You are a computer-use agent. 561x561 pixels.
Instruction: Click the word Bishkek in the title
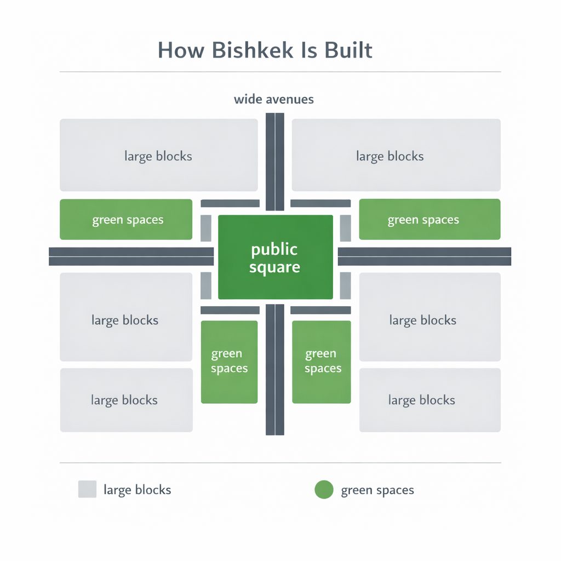coord(248,50)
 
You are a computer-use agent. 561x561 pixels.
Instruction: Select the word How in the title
coord(180,50)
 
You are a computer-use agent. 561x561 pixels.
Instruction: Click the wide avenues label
coord(273,100)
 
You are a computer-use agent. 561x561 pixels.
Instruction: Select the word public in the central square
coord(274,250)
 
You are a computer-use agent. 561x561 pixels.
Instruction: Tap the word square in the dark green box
coord(274,268)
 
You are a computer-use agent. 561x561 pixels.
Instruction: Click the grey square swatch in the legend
coord(87,489)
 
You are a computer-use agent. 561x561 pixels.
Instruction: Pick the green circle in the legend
coord(324,490)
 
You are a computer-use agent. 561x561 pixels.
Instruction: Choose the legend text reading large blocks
coord(137,490)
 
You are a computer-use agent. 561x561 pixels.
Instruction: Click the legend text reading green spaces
coord(377,490)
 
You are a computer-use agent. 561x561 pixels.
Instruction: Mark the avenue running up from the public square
coord(275,162)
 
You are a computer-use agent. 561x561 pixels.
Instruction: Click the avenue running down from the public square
coord(275,370)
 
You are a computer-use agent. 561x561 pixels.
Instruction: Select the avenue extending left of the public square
coord(131,256)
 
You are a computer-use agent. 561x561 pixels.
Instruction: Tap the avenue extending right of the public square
coord(424,256)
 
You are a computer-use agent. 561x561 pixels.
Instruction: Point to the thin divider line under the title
coord(280,72)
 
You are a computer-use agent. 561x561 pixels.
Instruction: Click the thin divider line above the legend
coord(280,463)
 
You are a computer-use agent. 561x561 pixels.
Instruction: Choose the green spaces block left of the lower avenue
coord(229,362)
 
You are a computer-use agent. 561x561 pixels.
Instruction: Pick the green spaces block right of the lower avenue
coord(321,362)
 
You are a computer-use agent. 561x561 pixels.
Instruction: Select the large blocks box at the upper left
coord(158,155)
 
